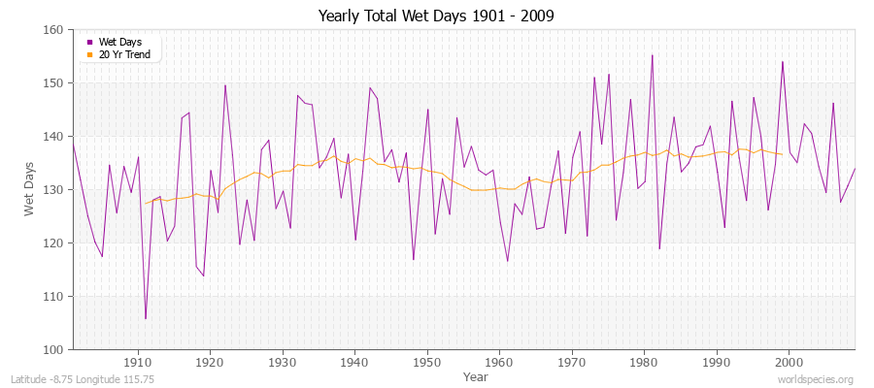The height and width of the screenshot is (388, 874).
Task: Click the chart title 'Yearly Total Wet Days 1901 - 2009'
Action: (436, 16)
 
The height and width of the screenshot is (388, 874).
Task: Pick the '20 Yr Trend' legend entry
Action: (121, 54)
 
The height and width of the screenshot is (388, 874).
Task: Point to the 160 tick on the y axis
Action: (54, 30)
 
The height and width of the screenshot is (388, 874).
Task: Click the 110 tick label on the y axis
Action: (54, 296)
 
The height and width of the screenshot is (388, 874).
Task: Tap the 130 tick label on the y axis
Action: (54, 189)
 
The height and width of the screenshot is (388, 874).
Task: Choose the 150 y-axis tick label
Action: (54, 83)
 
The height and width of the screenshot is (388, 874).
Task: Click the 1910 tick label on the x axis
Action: (138, 361)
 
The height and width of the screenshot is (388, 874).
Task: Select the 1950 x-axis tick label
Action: (427, 361)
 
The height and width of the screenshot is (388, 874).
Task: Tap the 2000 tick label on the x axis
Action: (789, 361)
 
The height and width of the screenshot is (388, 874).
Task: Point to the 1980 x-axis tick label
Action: (644, 361)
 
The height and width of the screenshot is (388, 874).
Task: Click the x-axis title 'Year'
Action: (476, 375)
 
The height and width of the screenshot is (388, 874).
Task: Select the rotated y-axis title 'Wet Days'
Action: (28, 189)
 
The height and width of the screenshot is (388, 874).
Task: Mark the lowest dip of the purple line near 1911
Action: (146, 318)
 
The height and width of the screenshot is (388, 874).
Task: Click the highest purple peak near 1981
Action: (652, 55)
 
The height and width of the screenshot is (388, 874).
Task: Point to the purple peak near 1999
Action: (782, 62)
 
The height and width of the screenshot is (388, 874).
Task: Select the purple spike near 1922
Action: (225, 85)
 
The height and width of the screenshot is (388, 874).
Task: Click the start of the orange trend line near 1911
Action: (146, 203)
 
